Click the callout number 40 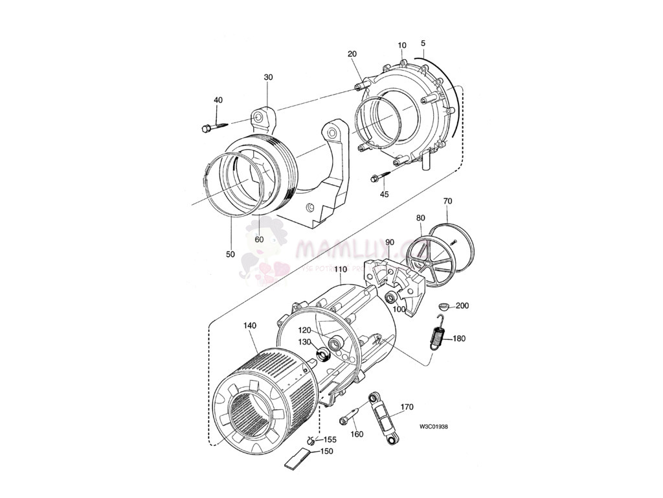tap(218, 100)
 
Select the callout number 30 tap(268, 77)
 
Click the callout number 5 tap(423, 45)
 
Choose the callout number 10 tap(402, 45)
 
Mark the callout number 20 tap(352, 54)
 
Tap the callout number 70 tap(447, 202)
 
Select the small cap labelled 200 tap(444, 305)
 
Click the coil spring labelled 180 tap(438, 337)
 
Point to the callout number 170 tap(407, 407)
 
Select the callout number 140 tap(251, 326)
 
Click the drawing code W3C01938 tap(434, 427)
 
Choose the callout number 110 tap(341, 269)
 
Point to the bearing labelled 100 tap(392, 297)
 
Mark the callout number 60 tap(259, 239)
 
